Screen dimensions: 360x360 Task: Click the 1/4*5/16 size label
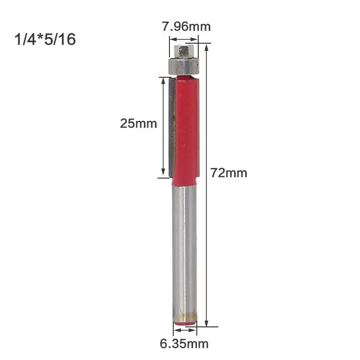(x=46, y=39)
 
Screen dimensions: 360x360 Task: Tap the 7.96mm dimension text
(x=186, y=26)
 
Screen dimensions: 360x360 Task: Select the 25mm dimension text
(x=138, y=123)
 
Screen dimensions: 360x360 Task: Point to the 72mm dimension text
(x=229, y=173)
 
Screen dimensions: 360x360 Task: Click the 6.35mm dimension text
(x=184, y=344)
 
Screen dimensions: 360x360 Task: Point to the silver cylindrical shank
(x=184, y=250)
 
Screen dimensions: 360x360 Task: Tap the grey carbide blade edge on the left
(x=170, y=127)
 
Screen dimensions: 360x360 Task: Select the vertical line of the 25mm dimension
(x=164, y=127)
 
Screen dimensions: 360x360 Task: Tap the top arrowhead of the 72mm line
(x=207, y=47)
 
